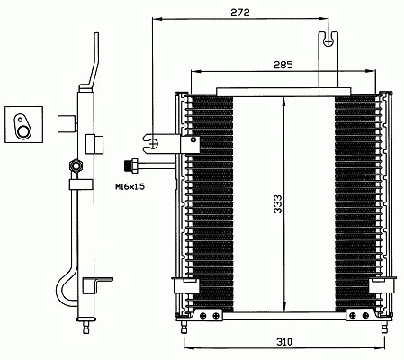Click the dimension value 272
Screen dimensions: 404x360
point(240,13)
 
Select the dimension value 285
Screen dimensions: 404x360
point(283,65)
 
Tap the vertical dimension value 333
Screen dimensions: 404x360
point(278,204)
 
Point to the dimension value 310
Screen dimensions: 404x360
point(283,341)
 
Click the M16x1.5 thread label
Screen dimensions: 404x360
point(130,187)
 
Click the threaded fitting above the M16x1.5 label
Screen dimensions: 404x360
point(131,166)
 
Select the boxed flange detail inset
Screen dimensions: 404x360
point(24,124)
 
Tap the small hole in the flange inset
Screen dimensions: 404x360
point(20,120)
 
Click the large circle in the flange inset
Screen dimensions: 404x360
point(23,131)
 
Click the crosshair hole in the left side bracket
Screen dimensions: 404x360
point(154,144)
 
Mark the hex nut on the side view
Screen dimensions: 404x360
point(76,166)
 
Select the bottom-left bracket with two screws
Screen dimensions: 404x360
point(208,315)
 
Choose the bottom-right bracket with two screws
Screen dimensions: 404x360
point(360,315)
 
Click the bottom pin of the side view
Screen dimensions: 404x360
point(86,327)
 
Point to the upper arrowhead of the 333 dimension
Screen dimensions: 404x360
point(284,102)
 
